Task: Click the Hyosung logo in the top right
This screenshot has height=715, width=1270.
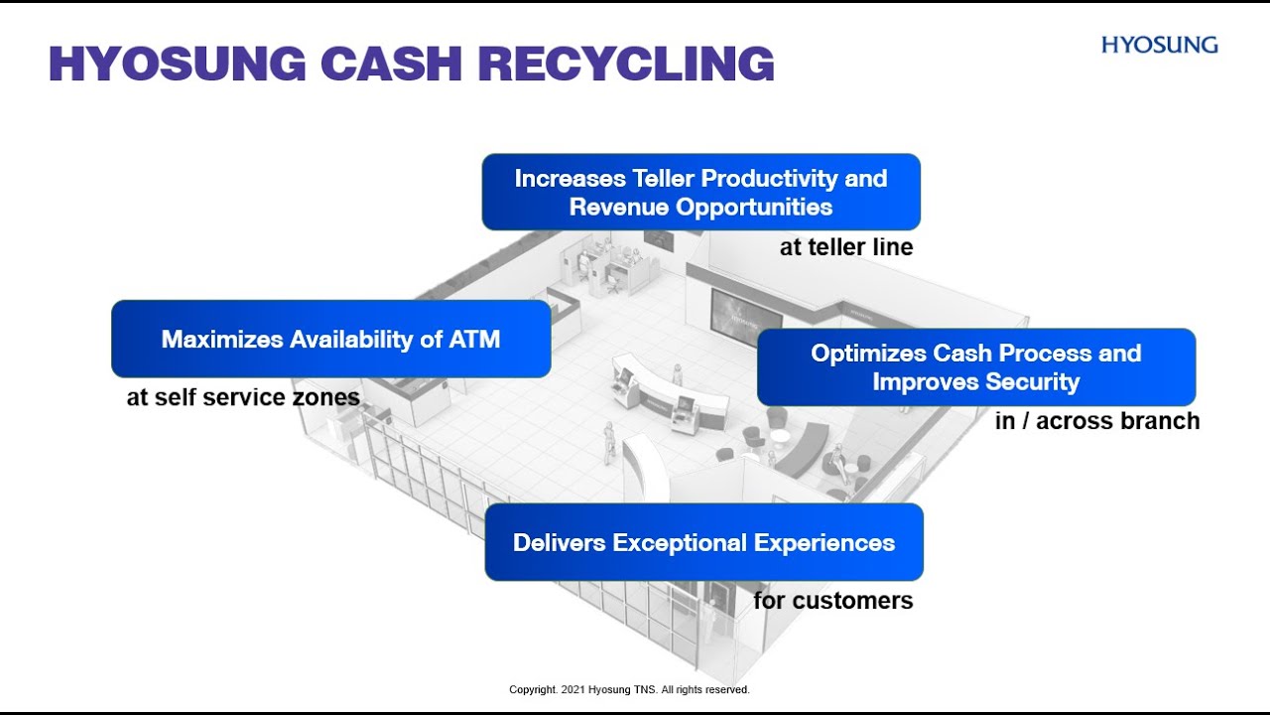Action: (1159, 45)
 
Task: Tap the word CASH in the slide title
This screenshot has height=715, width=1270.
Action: (392, 64)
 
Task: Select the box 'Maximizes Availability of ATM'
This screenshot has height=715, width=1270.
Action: (330, 339)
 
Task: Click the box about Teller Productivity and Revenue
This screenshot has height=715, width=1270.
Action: (700, 192)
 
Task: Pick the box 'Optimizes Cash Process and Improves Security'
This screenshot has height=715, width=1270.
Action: (975, 366)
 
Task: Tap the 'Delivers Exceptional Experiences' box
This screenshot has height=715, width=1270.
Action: (703, 542)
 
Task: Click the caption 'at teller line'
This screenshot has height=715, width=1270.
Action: (845, 247)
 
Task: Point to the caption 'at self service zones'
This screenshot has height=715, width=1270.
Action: (243, 397)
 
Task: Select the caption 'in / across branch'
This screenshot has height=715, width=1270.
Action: (1096, 421)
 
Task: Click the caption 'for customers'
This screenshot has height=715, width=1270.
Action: (832, 600)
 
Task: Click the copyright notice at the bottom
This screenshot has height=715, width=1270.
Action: (629, 689)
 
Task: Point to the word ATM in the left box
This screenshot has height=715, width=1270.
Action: (474, 339)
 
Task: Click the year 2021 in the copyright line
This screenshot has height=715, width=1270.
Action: (573, 689)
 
